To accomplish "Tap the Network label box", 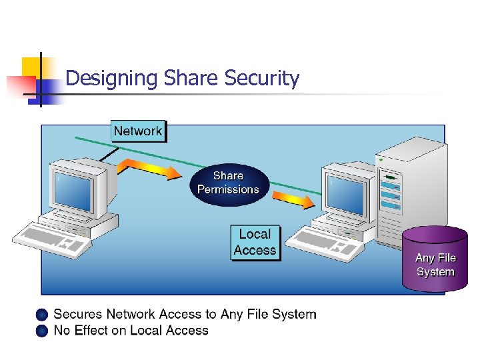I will click(x=138, y=131).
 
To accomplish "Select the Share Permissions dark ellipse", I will click(x=229, y=183).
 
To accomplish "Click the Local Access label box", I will click(x=255, y=243).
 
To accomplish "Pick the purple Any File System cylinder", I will click(x=435, y=260).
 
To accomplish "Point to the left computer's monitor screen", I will click(x=74, y=190).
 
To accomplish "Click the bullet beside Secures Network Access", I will click(x=43, y=315).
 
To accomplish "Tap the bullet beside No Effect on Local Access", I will click(x=43, y=331).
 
